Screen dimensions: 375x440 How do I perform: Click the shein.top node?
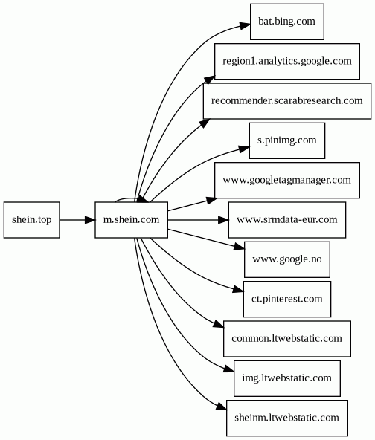(32, 220)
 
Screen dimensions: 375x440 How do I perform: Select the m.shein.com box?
(132, 220)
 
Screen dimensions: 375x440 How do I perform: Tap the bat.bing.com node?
(286, 22)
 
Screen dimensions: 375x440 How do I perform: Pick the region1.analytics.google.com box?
(286, 61)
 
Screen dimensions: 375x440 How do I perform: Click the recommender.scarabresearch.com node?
(286, 101)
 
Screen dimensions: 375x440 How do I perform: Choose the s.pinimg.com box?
(286, 140)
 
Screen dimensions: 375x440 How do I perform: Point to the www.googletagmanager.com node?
(286, 180)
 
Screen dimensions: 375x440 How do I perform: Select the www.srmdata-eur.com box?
(286, 220)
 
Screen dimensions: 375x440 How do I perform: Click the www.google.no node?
(286, 259)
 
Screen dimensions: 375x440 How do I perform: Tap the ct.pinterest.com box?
(286, 299)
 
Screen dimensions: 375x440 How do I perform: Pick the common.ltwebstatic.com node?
(286, 339)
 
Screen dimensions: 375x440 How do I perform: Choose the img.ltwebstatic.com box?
(286, 378)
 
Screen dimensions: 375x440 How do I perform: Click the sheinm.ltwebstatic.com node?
(286, 418)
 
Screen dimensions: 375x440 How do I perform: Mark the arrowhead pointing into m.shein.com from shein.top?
(90, 220)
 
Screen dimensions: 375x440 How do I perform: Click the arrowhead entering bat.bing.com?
(245, 26)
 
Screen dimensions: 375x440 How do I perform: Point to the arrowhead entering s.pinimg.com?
(244, 149)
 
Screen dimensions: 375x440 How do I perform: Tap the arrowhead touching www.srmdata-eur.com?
(223, 220)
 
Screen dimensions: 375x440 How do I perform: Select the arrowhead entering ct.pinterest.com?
(238, 290)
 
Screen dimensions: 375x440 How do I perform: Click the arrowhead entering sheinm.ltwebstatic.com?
(222, 407)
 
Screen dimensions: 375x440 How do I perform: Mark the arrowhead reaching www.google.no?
(240, 246)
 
